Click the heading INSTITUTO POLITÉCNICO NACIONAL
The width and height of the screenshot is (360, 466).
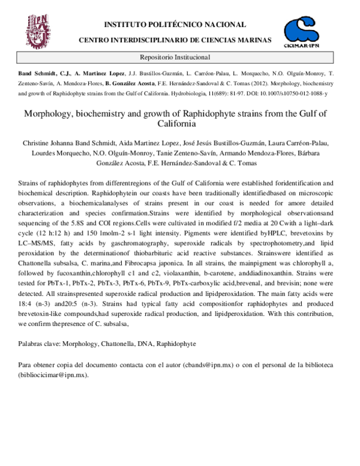pos(175,25)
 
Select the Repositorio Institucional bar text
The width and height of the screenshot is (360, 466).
pos(175,58)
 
